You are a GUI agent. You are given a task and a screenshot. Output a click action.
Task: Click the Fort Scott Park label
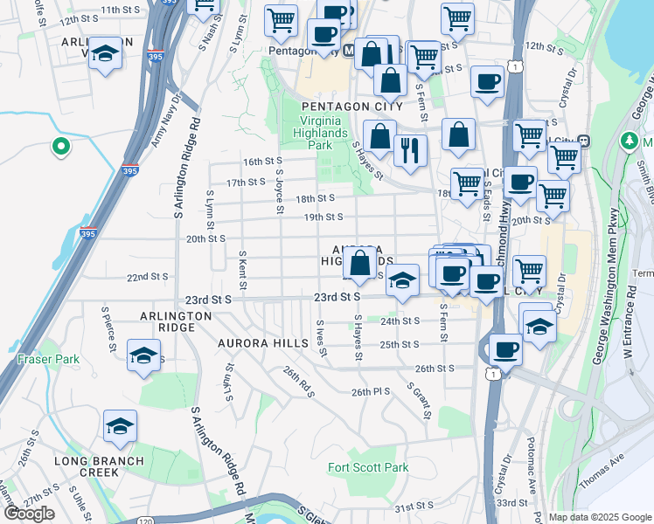368,468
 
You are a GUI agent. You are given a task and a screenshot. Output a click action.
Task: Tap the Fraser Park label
48,359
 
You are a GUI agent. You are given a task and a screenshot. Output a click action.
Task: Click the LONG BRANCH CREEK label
87,466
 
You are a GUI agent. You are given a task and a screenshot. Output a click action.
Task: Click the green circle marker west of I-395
61,148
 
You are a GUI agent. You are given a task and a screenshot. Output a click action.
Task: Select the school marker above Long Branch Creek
120,425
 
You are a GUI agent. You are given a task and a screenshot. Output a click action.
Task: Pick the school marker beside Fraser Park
143,355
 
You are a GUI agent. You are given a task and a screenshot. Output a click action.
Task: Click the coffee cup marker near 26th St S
505,348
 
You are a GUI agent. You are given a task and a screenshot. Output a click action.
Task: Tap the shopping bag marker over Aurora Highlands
360,261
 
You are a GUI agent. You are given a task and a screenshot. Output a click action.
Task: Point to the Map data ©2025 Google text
599,517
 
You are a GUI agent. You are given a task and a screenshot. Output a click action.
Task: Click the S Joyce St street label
279,191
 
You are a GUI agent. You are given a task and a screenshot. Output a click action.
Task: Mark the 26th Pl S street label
370,391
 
